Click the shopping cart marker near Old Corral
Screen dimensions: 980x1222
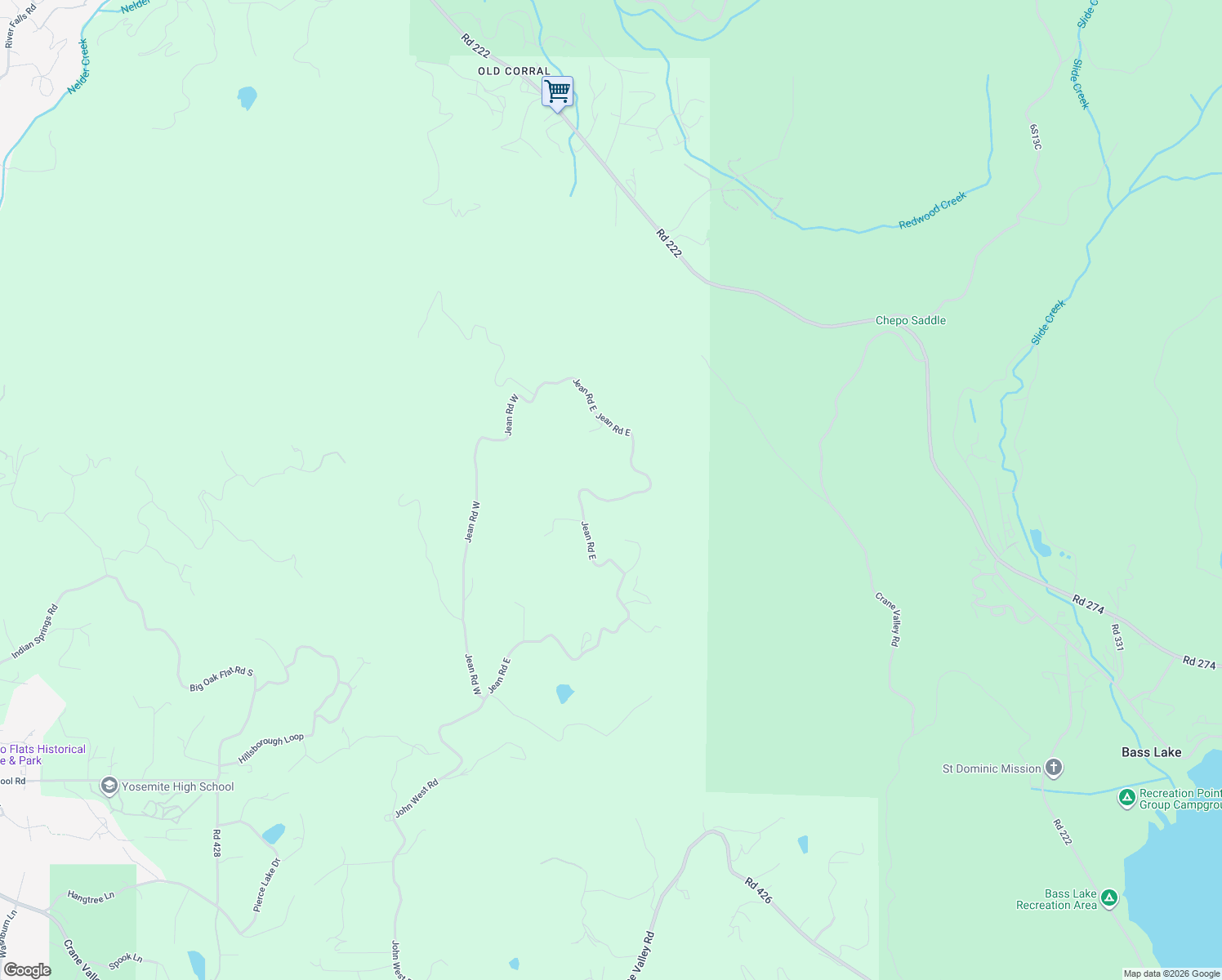557,92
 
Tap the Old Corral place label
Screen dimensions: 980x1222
515,71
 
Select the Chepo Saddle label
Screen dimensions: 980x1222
910,320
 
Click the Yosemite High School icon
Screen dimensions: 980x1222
109,786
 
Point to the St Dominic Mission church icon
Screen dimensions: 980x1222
1054,768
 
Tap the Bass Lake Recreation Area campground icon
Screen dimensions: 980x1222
1108,898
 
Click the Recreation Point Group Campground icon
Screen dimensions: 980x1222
1126,798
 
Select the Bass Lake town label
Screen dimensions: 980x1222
1151,752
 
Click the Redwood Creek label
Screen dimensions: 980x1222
932,210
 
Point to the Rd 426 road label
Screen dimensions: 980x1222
758,889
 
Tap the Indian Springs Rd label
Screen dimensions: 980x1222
35,632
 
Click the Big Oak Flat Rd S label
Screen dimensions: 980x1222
221,679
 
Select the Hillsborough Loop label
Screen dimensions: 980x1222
270,748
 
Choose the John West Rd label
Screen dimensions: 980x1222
417,798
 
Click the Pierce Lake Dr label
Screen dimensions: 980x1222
266,884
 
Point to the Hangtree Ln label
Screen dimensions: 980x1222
91,898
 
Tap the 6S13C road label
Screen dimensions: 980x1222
1035,137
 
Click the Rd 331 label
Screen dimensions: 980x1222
1117,637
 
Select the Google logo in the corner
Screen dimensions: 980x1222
27,970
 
